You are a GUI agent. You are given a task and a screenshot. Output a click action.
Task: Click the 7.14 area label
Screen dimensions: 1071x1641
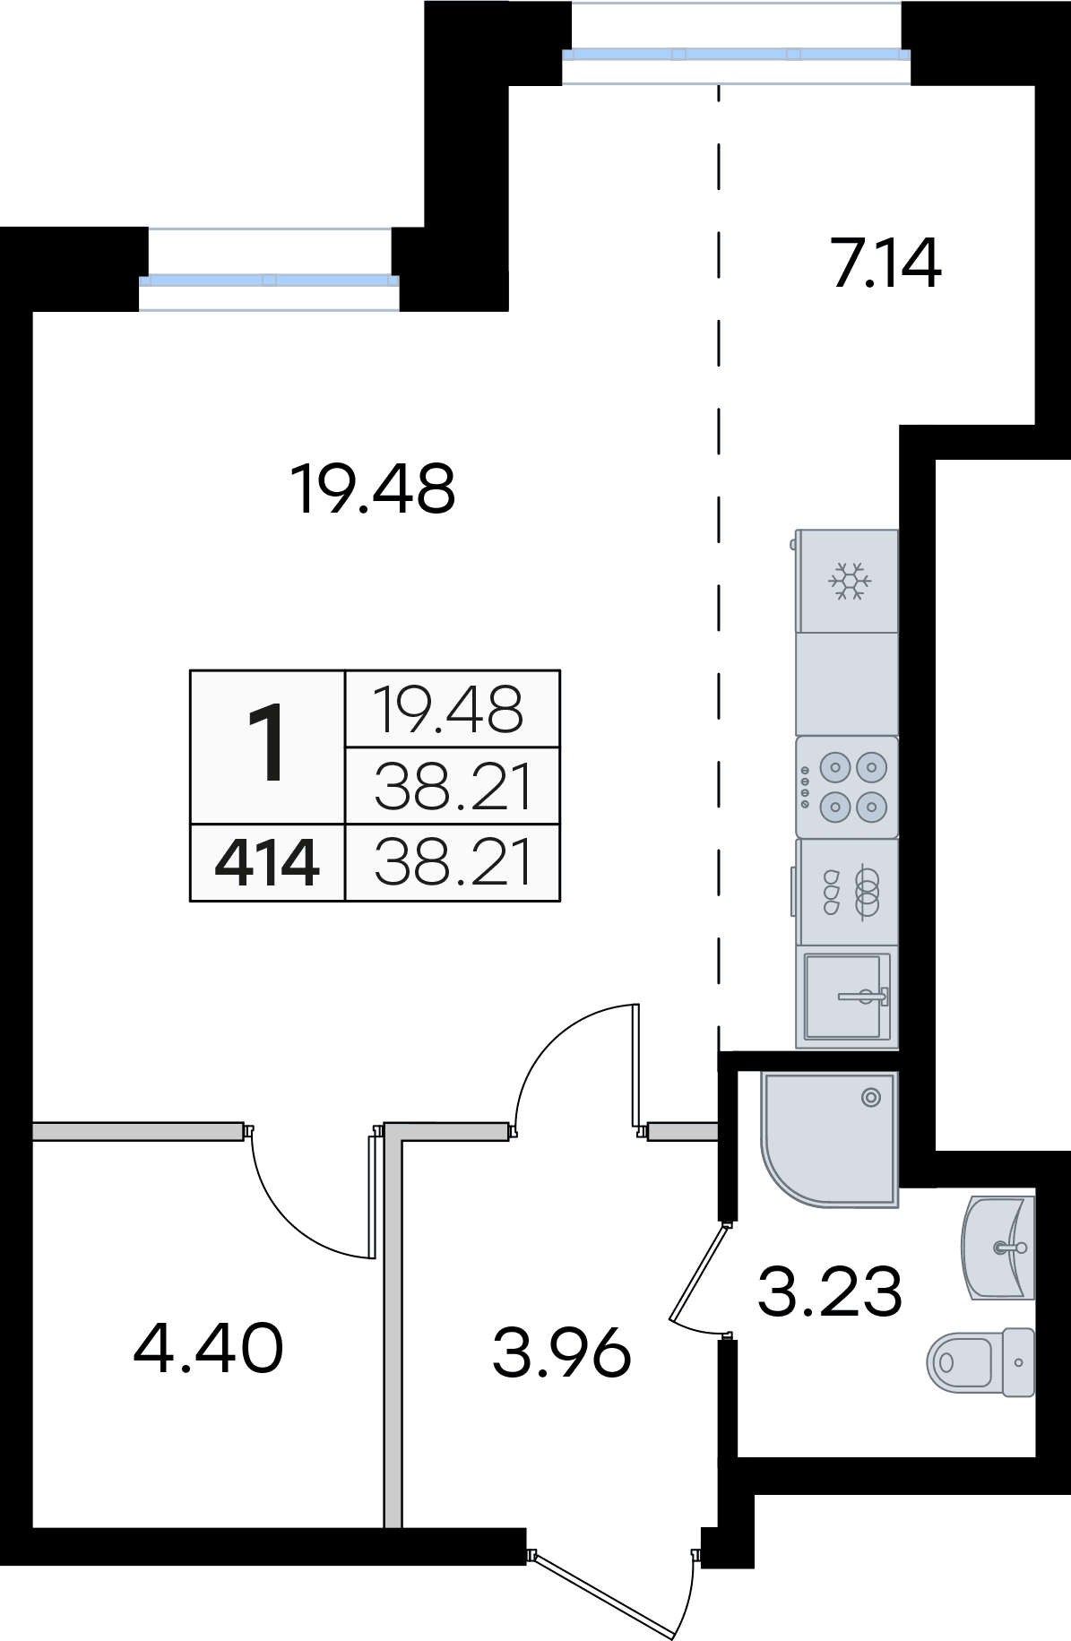pos(886,263)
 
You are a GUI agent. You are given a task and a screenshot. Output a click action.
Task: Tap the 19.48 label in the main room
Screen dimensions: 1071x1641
pos(373,489)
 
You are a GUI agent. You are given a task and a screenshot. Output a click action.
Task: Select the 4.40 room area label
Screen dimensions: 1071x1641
pos(208,1348)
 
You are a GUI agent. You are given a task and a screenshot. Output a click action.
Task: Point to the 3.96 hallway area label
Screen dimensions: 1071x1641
pos(562,1353)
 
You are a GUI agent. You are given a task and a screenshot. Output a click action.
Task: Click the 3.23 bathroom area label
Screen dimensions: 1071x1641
pos(830,1291)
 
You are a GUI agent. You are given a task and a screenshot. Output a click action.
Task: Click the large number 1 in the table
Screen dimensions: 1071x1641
pos(267,743)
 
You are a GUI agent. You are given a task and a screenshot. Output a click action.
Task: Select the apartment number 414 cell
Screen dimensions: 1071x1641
pos(267,863)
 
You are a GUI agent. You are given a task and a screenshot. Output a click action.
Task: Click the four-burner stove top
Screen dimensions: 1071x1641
pos(847,787)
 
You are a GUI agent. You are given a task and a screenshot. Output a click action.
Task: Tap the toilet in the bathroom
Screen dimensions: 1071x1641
pos(980,1362)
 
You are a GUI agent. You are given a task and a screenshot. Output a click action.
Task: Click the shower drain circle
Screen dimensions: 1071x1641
pos(871,1097)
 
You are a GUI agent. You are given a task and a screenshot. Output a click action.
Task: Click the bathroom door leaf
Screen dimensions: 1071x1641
pos(698,1273)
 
